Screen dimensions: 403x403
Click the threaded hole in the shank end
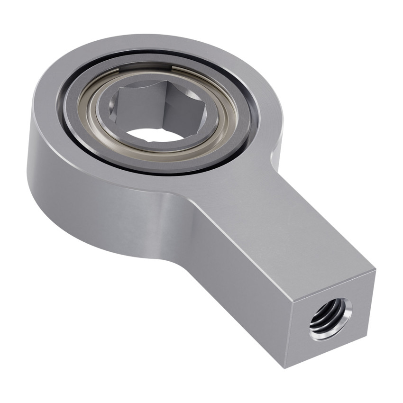[330, 319]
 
